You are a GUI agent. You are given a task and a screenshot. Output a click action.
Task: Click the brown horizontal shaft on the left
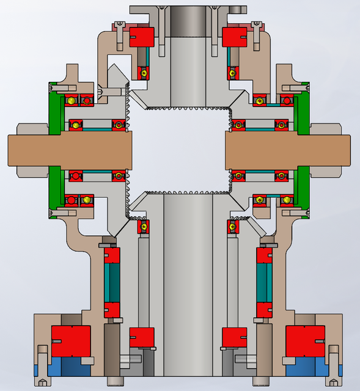(67, 150)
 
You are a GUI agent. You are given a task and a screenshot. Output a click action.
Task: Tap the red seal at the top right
(234, 37)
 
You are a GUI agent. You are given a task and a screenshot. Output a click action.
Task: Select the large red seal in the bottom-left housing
(71, 341)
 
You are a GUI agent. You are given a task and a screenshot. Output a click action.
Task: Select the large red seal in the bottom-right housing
(305, 341)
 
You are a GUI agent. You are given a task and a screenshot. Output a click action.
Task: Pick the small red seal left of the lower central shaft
(142, 337)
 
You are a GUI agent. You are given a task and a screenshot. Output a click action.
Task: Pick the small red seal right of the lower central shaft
(234, 337)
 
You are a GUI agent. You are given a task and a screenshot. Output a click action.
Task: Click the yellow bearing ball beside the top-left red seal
(144, 73)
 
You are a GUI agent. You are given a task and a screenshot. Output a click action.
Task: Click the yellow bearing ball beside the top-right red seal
(232, 73)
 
